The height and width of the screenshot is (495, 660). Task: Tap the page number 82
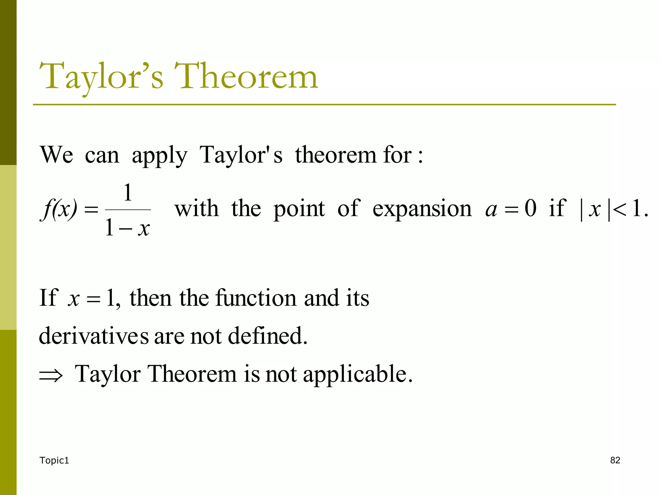click(615, 460)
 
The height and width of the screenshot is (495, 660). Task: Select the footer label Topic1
click(54, 461)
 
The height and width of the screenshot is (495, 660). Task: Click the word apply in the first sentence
click(159, 156)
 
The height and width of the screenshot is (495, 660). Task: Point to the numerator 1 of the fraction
click(128, 193)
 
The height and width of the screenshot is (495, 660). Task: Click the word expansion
click(422, 209)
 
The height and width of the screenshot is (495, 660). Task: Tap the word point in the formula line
click(299, 209)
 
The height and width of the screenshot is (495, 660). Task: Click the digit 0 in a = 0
click(530, 208)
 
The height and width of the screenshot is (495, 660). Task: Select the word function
click(256, 298)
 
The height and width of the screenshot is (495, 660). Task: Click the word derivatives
click(94, 336)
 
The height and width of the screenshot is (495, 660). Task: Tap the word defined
click(267, 336)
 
